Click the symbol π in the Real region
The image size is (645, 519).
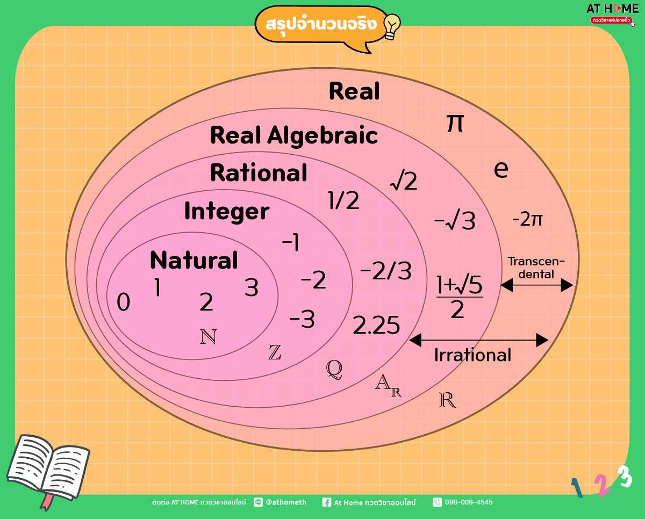(455, 123)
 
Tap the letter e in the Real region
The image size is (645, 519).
(501, 169)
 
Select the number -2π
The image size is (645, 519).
(527, 219)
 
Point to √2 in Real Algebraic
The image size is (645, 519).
(404, 180)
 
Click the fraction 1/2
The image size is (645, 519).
(343, 200)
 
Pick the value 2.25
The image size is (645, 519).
(376, 325)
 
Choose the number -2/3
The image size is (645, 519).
(386, 271)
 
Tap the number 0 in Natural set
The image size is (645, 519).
(124, 301)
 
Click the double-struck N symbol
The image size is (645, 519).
(208, 336)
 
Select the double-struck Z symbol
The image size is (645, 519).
(275, 352)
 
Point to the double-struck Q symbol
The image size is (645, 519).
(334, 369)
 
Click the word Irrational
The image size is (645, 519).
(472, 355)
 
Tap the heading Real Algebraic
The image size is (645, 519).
(294, 135)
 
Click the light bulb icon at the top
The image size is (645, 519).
(392, 26)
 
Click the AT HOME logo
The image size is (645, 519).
(612, 14)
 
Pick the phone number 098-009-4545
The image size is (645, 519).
(469, 502)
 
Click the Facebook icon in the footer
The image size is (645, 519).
(327, 502)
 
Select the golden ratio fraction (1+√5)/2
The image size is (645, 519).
(460, 297)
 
